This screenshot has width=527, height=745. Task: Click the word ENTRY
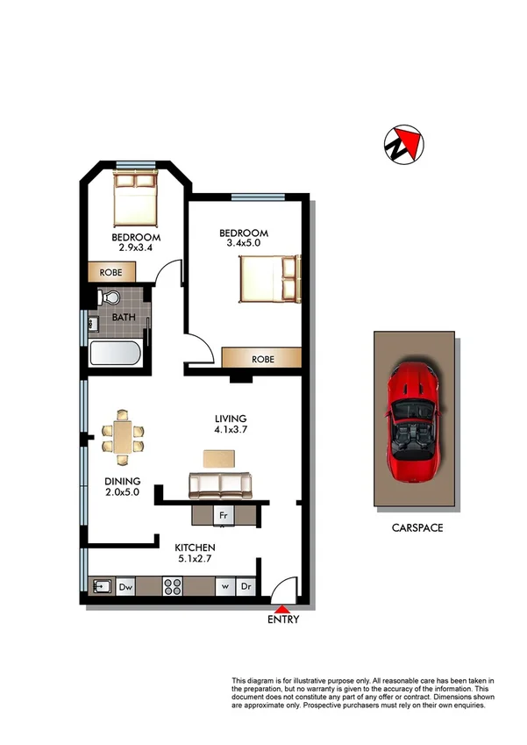(x=282, y=620)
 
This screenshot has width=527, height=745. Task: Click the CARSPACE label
(x=416, y=529)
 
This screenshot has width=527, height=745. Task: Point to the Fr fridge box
(x=224, y=515)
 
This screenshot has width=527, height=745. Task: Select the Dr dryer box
(x=247, y=586)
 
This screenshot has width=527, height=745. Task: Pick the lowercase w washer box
(x=225, y=586)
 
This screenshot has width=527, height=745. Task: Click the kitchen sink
(x=102, y=586)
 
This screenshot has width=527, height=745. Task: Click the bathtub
(x=113, y=355)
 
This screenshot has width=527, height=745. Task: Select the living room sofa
(x=220, y=484)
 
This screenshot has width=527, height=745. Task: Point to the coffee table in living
(x=219, y=457)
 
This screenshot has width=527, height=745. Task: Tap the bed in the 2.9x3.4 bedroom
(x=134, y=199)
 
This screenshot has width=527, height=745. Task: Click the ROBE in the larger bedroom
(x=261, y=359)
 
